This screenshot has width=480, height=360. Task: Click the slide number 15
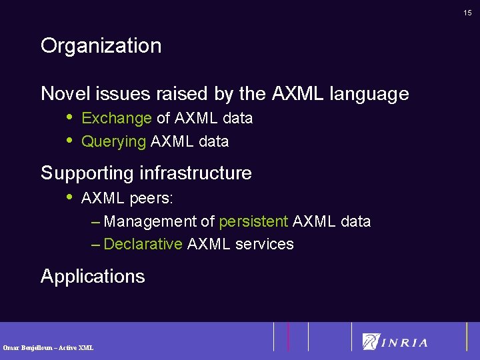[x=467, y=12]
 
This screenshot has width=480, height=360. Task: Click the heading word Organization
[x=101, y=46]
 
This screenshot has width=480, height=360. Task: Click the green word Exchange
[x=117, y=119]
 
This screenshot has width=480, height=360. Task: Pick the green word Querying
[x=113, y=142]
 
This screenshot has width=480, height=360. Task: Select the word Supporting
[x=87, y=174]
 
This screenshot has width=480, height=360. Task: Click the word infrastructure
[x=196, y=173]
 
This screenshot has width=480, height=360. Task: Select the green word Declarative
[x=143, y=244]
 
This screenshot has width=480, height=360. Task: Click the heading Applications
[x=93, y=277]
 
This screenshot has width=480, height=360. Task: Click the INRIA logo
[x=395, y=342]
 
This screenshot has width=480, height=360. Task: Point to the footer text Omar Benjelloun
[x=28, y=348]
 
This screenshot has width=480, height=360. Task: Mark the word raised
[x=185, y=94]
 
